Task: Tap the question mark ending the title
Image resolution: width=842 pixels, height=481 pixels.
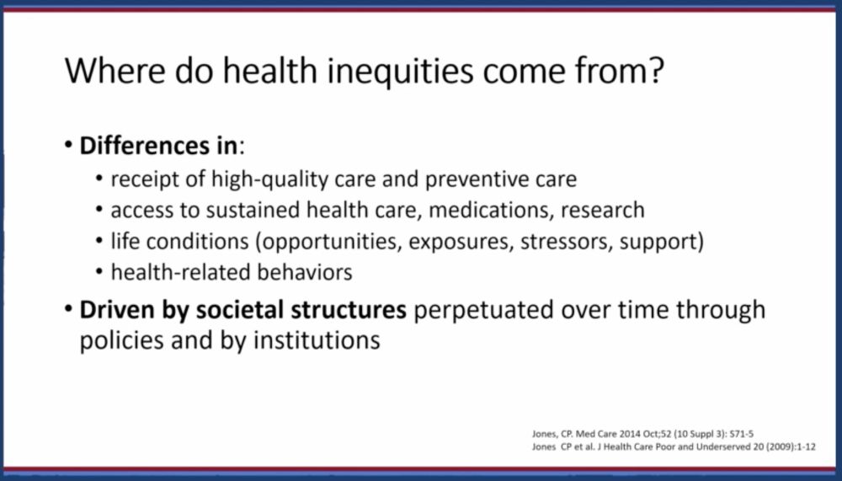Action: click(655, 70)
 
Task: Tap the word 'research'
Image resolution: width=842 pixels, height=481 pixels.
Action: click(603, 210)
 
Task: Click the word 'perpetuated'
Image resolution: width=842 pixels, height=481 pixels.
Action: click(483, 311)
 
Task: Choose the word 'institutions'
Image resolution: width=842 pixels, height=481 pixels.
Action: click(317, 340)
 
